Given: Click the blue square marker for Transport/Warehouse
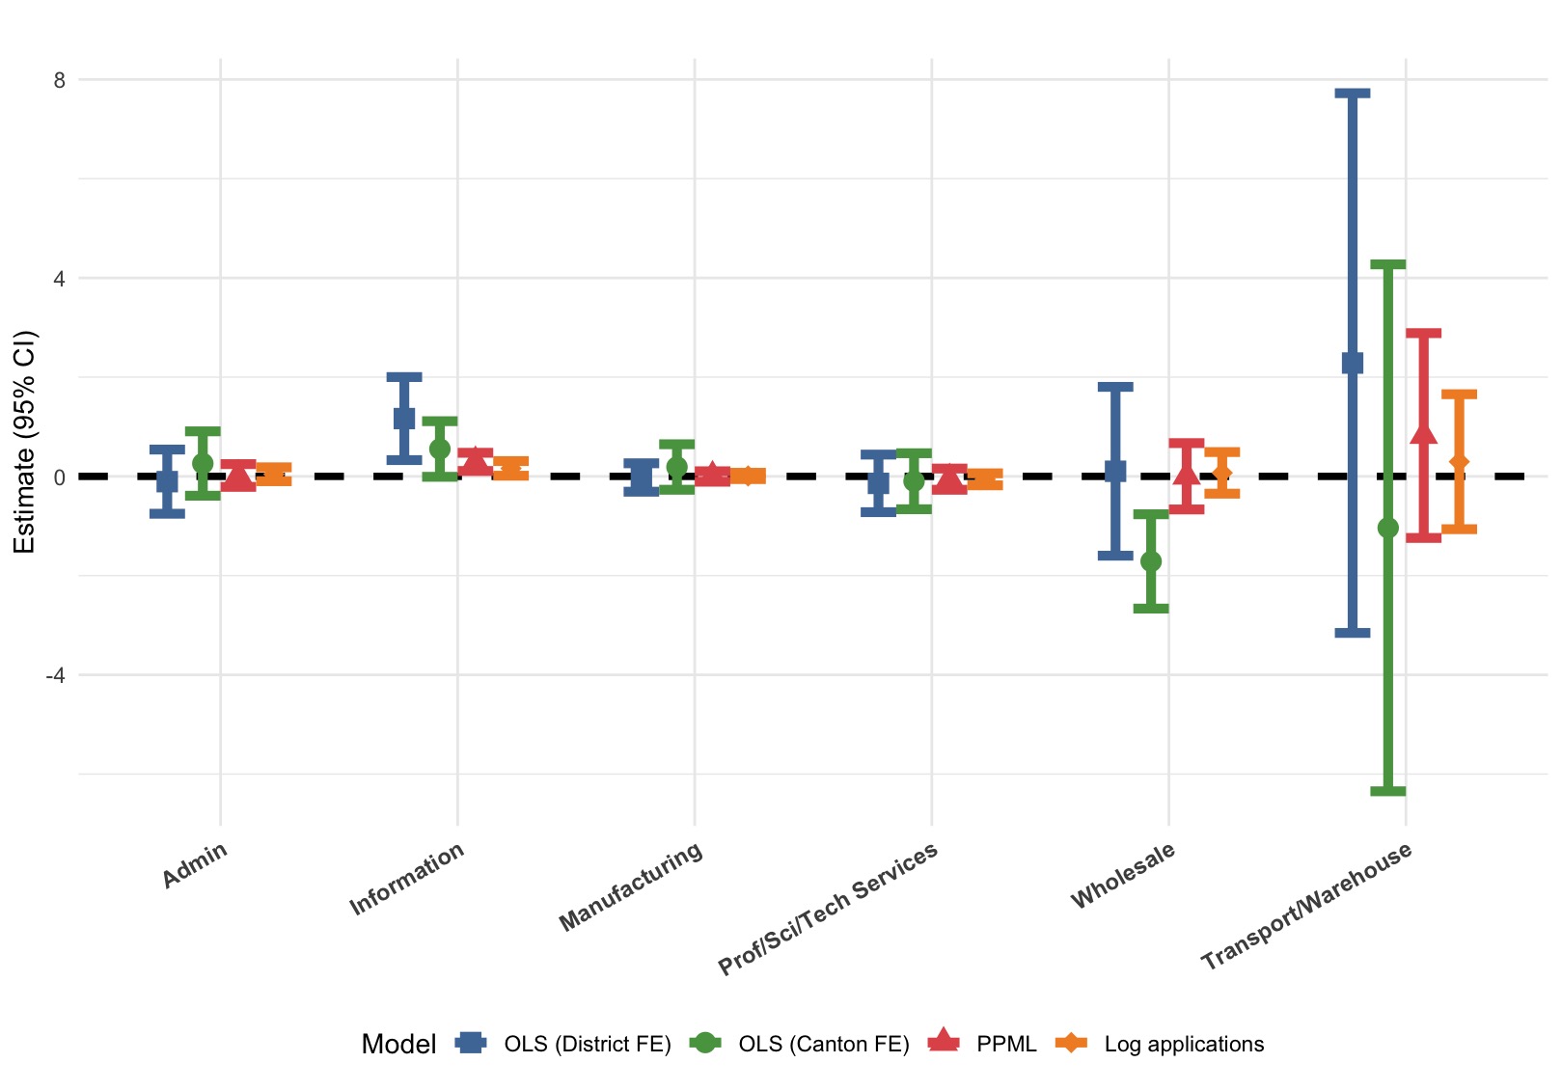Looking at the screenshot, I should (x=1352, y=363).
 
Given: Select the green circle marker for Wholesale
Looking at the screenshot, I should (x=1150, y=561).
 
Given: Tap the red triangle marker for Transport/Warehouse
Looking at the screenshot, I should (x=1423, y=434).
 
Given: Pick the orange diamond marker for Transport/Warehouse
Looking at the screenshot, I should (x=1459, y=463).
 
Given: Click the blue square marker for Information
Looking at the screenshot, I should (x=403, y=419).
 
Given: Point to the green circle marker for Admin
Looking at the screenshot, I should (x=203, y=463).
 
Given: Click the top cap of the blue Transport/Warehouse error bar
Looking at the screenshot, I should (x=1352, y=94).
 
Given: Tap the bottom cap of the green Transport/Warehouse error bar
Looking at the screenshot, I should (x=1387, y=791).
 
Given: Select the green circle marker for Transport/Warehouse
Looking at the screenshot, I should (x=1387, y=528).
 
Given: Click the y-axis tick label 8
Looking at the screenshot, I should (x=60, y=80).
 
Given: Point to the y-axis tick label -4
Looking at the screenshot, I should (x=56, y=675).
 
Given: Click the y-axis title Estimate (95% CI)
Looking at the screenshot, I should (x=24, y=442).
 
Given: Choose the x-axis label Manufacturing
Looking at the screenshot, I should (x=631, y=887).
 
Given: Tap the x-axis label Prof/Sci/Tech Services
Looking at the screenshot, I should (x=828, y=909).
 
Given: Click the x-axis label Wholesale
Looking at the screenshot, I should (x=1124, y=875).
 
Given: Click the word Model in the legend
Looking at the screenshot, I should (x=398, y=1044).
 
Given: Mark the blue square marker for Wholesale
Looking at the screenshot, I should (x=1114, y=471).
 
